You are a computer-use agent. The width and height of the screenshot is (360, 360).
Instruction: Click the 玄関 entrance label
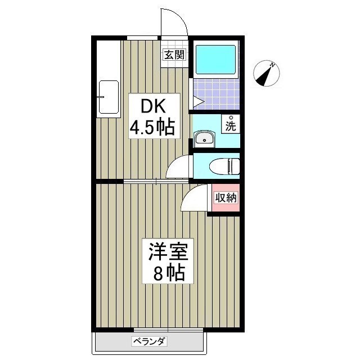coord(174,55)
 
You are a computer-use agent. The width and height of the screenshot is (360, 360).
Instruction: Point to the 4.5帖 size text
coord(152,128)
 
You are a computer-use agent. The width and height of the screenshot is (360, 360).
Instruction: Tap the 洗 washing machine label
coord(231,126)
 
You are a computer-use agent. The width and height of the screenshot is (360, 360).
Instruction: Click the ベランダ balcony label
coord(150,341)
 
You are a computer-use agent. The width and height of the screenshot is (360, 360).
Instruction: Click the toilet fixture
coord(224,166)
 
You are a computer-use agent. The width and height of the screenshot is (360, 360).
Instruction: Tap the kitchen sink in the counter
coord(108,98)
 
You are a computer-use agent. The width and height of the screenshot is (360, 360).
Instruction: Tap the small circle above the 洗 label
coord(231,118)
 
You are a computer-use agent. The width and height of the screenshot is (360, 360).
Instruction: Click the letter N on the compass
coord(272,66)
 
